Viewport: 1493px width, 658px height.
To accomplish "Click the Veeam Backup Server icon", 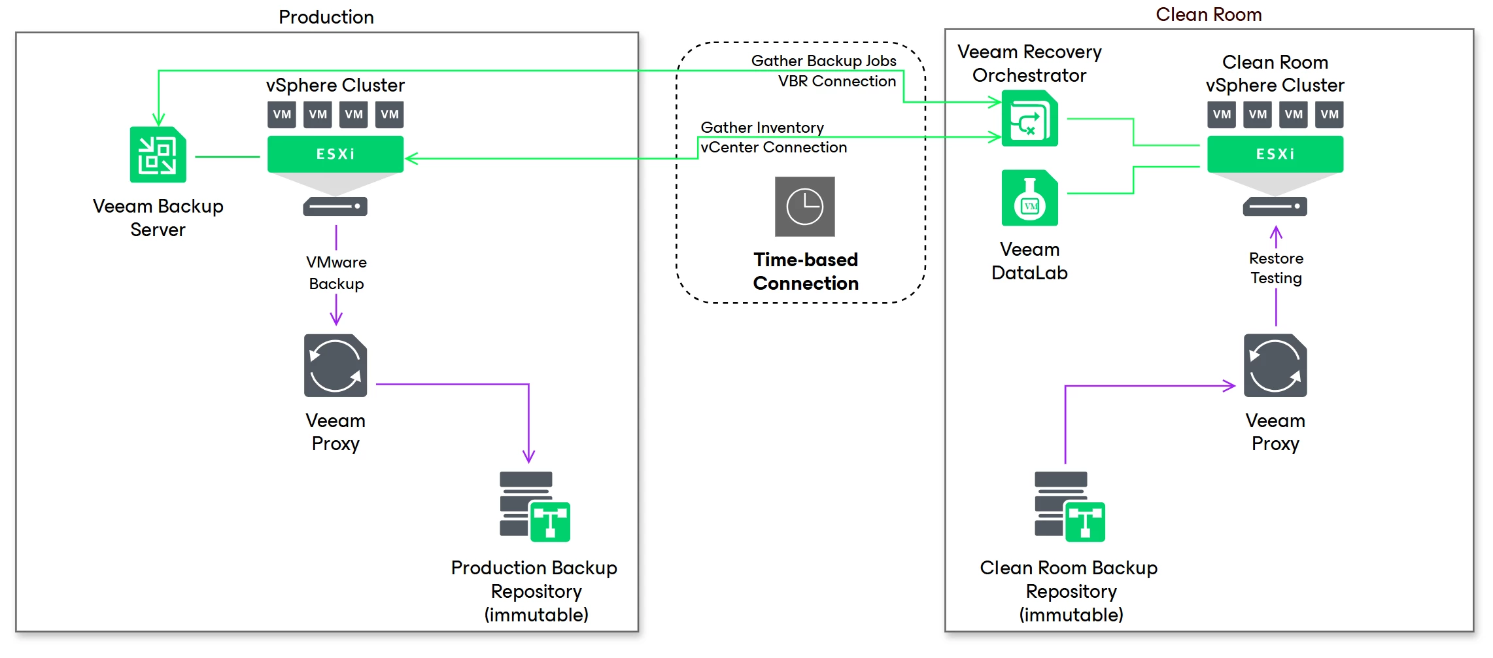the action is (x=158, y=154).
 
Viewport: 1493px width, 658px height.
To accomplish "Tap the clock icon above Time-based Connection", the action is (x=804, y=207).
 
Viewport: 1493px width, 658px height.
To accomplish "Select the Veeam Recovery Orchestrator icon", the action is (x=1029, y=118).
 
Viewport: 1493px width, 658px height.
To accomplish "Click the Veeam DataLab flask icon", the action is (x=1029, y=198).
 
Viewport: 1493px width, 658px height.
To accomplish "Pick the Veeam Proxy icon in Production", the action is (x=335, y=366).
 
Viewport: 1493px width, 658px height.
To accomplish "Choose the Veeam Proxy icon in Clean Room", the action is (x=1275, y=366).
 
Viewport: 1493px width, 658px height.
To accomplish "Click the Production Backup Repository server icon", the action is (x=535, y=506).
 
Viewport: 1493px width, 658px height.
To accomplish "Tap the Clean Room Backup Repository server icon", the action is (x=1070, y=506).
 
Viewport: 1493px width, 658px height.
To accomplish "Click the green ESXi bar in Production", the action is (x=335, y=154).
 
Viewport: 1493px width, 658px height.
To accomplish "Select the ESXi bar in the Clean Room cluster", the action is (x=1275, y=154).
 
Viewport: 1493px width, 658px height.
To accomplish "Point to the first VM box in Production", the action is (x=282, y=114).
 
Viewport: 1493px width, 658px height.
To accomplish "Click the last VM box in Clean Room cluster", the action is (x=1330, y=114).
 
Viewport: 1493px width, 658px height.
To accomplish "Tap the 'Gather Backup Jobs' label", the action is (x=823, y=61).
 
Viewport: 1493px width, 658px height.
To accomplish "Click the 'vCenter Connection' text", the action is (x=774, y=147).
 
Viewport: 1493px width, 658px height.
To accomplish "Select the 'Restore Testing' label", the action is (x=1276, y=268).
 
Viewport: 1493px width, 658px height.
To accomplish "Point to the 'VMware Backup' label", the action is (x=336, y=273).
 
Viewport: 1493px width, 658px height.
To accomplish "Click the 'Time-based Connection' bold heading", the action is (x=806, y=271).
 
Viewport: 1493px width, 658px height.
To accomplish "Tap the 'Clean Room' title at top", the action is (x=1209, y=14).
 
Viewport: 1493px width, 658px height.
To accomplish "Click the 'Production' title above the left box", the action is (x=326, y=17).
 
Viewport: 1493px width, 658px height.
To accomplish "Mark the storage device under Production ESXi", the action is (x=335, y=207).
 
